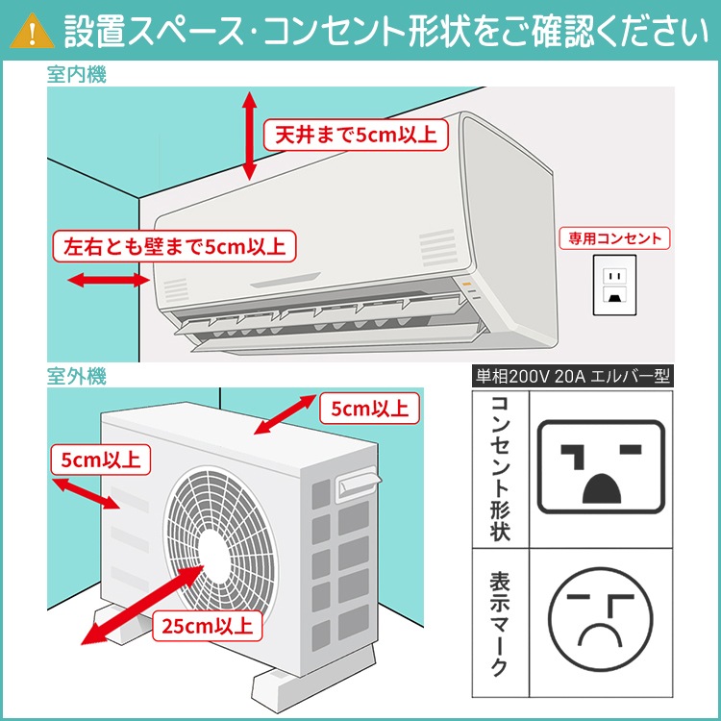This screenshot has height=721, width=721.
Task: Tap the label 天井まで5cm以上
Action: pos(355,135)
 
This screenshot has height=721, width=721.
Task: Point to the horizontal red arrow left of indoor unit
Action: pos(107,281)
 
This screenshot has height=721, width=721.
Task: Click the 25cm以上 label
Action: pos(209,626)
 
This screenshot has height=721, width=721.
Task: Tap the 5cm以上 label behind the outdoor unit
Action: pos(369,409)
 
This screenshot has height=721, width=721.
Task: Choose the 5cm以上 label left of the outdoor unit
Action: pos(100,459)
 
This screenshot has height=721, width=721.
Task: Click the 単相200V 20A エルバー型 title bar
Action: pos(574,376)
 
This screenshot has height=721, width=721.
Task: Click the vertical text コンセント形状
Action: pos(500,467)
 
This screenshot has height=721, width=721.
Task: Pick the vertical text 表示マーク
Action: pos(500,624)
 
